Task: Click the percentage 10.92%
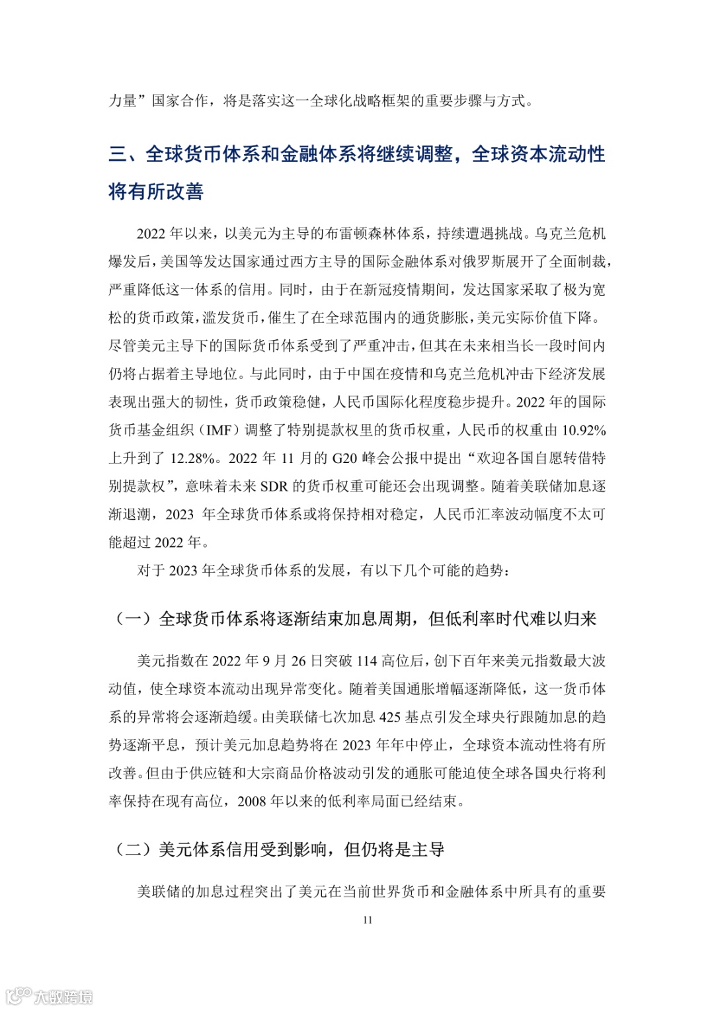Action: coord(584,431)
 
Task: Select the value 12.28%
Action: coord(192,458)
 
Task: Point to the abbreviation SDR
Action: coord(274,487)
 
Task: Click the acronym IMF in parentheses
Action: coord(219,431)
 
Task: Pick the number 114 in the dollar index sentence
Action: coord(367,661)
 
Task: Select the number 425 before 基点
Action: coord(390,717)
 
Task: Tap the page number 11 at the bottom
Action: coord(368,920)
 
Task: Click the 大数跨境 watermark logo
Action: coord(50,995)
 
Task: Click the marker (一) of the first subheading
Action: coord(133,619)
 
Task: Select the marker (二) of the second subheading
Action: coord(133,849)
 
